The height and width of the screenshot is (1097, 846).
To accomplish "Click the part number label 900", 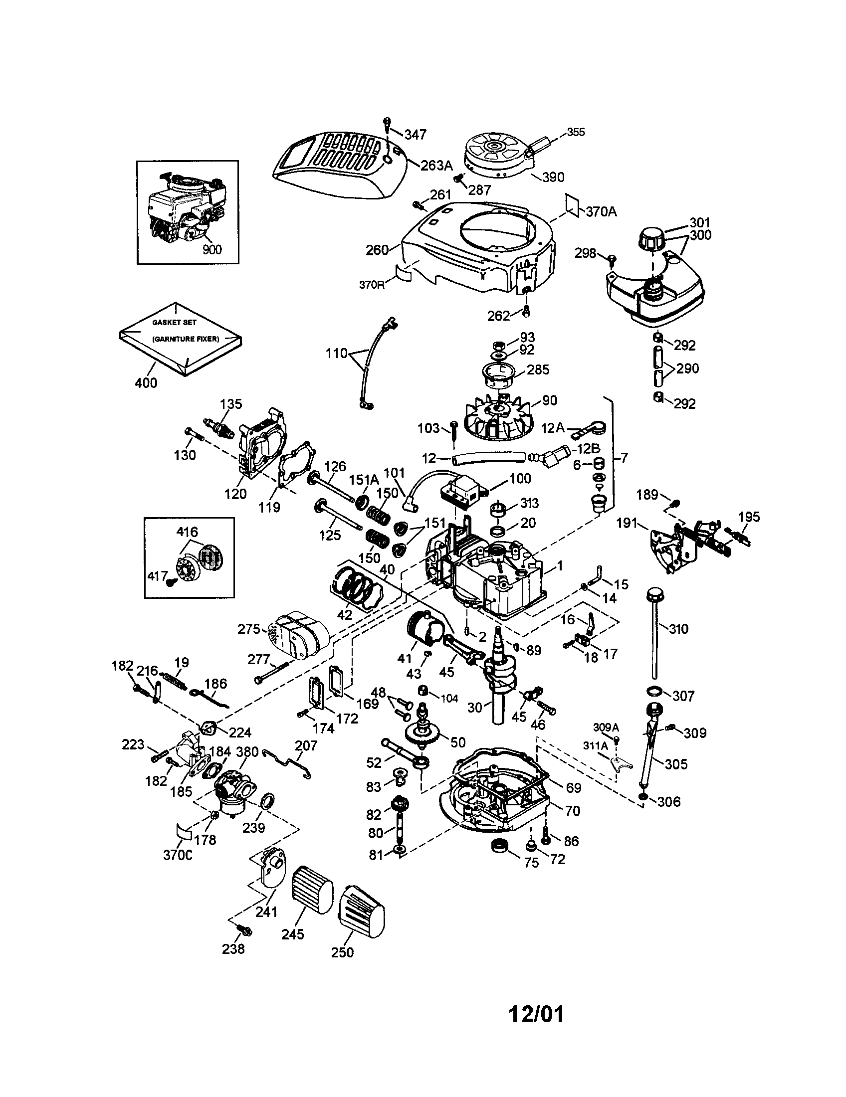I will pyautogui.click(x=212, y=249).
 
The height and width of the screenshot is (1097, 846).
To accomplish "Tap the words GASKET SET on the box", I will pyautogui.click(x=174, y=323).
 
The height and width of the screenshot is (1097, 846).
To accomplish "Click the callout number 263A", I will pyautogui.click(x=436, y=165).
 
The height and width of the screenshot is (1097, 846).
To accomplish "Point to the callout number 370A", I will pyautogui.click(x=602, y=211).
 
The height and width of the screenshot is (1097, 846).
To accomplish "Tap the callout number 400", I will pyautogui.click(x=146, y=383).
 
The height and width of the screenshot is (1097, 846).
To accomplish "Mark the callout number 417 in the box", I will pyautogui.click(x=157, y=576).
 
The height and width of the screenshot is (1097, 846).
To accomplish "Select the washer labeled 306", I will pyautogui.click(x=643, y=797).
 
